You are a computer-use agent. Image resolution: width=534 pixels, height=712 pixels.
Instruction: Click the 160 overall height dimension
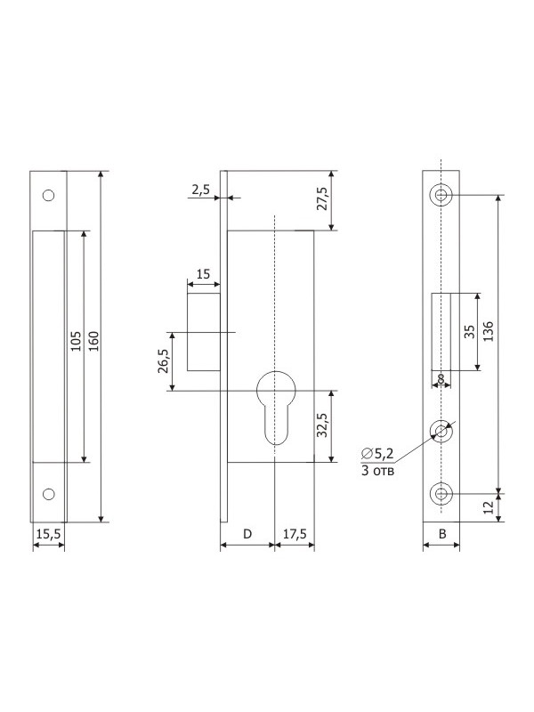[93, 341]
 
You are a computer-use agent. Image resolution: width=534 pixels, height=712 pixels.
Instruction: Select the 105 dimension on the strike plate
[76, 341]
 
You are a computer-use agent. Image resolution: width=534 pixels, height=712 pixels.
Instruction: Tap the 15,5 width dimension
[49, 533]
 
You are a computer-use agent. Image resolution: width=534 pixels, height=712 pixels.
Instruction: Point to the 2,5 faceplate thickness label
[200, 190]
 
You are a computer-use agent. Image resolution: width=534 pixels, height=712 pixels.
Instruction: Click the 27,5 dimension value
[321, 198]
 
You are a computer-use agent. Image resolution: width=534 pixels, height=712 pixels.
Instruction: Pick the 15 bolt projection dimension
[204, 274]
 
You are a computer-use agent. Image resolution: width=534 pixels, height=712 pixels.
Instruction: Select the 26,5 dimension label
[163, 361]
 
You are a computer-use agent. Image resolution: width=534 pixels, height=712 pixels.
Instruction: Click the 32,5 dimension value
[321, 425]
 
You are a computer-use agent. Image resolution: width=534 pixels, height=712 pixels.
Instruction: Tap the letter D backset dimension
[247, 534]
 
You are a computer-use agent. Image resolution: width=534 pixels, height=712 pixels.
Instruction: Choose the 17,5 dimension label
[295, 534]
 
